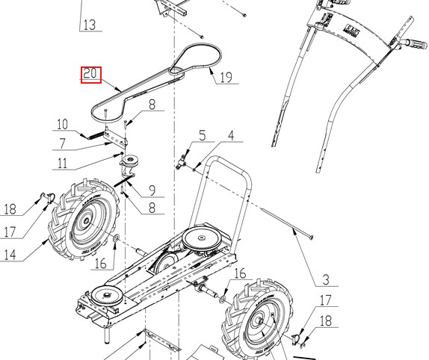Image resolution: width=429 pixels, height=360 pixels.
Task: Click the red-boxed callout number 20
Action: click(90, 74)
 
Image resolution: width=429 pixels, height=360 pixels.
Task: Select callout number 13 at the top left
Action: click(89, 25)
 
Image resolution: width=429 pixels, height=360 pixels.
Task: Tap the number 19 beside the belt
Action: click(225, 77)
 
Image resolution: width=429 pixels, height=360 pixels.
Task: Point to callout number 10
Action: click(62, 124)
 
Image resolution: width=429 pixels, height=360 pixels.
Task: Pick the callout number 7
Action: click(63, 143)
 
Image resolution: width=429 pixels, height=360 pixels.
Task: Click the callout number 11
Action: click(63, 163)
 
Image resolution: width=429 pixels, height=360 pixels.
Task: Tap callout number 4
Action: click(231, 135)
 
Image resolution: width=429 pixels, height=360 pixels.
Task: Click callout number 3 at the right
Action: click(325, 282)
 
